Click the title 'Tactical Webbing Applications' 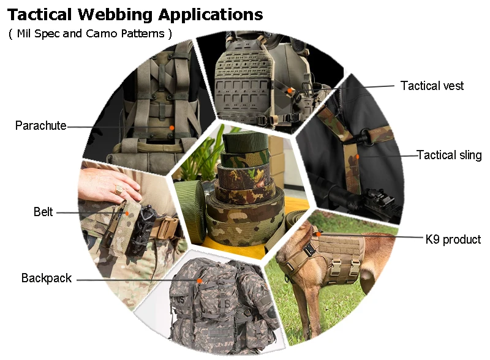pyautogui.click(x=135, y=14)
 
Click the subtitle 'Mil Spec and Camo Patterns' pyautogui.click(x=90, y=33)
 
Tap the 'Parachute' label pyautogui.click(x=40, y=126)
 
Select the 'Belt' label pyautogui.click(x=43, y=212)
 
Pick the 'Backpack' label pyautogui.click(x=47, y=279)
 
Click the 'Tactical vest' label pyautogui.click(x=432, y=86)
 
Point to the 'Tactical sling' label pyautogui.click(x=449, y=155)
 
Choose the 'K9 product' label pyautogui.click(x=453, y=239)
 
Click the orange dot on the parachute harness pyautogui.click(x=172, y=127)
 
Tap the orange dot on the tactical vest pyautogui.click(x=290, y=90)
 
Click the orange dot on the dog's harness pyautogui.click(x=318, y=233)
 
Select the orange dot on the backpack pyautogui.click(x=200, y=280)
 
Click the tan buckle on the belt pyautogui.click(x=166, y=228)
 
